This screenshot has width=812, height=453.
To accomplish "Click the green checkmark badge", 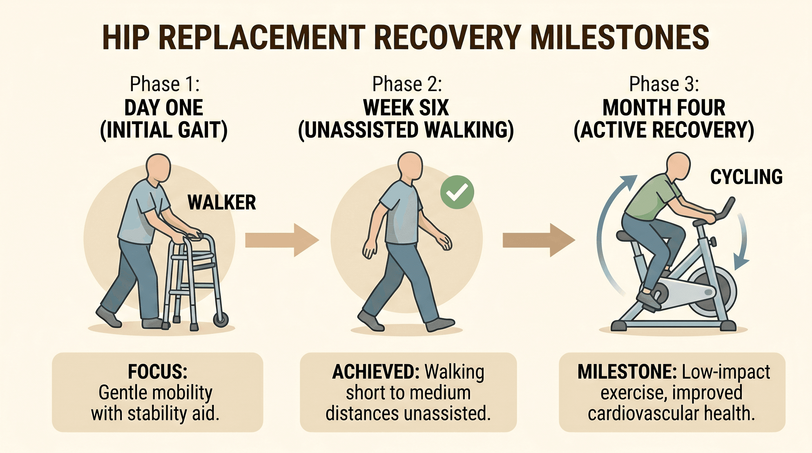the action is (x=457, y=192).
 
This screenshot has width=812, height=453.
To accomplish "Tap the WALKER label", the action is (x=222, y=202).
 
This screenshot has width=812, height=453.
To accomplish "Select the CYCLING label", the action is (x=746, y=177).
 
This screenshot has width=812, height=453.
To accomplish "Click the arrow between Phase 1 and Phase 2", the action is (x=282, y=240).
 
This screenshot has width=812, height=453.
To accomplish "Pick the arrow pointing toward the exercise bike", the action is (x=539, y=240).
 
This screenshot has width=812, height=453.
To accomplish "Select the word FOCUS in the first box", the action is (x=158, y=372).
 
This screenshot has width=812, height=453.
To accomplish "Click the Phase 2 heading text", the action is (x=407, y=84).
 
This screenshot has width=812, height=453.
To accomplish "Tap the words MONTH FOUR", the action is (x=664, y=108).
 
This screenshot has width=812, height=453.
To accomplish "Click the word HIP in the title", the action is (x=126, y=37).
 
